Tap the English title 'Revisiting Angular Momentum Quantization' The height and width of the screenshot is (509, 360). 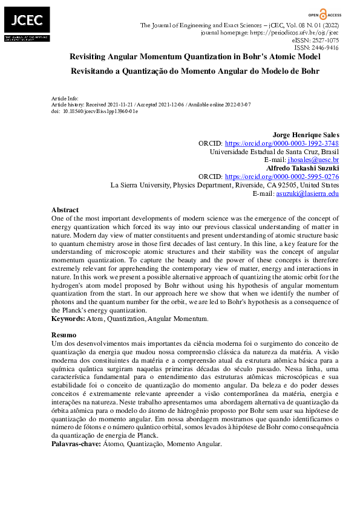tap(195, 56)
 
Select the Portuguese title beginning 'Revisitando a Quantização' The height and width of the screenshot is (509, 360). tap(195, 71)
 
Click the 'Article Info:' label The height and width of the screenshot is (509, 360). tap(65, 98)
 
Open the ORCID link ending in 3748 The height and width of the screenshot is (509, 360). tap(281, 143)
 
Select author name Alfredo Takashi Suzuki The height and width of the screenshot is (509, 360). tap(302, 168)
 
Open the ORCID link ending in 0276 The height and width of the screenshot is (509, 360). tap(281, 177)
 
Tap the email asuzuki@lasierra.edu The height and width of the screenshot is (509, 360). tap(307, 193)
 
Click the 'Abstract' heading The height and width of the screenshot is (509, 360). tap(64, 209)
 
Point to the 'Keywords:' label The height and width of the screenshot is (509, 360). tap(68, 318)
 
